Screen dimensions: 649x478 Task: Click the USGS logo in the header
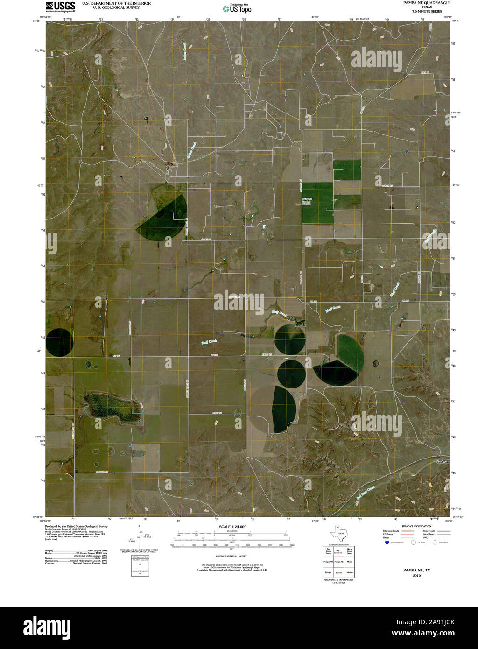[60, 6]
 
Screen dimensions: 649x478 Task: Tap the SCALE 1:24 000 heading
[232, 527]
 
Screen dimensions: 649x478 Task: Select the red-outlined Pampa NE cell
[339, 561]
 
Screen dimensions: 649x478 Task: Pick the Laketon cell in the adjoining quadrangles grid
[350, 572]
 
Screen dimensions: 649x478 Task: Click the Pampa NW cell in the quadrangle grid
[328, 561]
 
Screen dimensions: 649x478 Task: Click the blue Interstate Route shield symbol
[387, 543]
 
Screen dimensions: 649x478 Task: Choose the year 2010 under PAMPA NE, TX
[417, 576]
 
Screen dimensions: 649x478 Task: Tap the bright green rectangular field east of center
[317, 203]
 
